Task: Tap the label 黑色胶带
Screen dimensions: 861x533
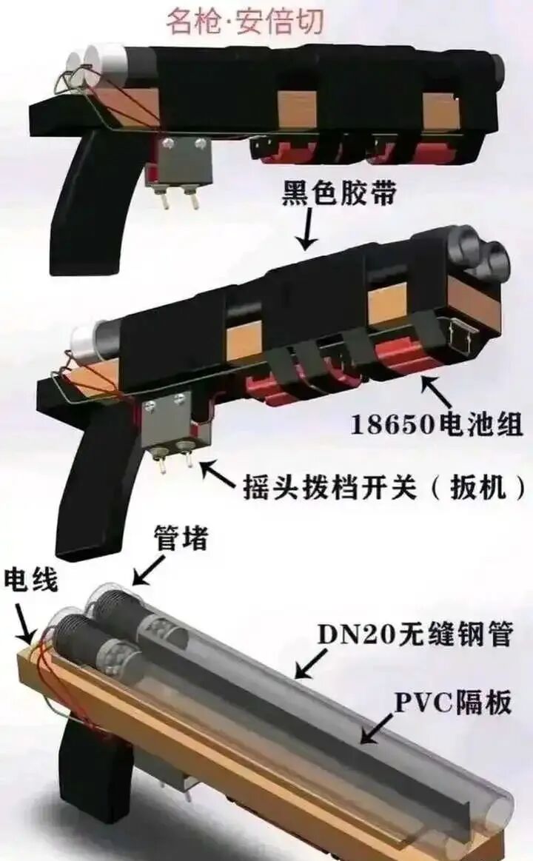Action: [x=340, y=195]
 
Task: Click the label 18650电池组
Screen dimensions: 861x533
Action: [x=437, y=423]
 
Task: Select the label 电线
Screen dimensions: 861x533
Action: [x=30, y=580]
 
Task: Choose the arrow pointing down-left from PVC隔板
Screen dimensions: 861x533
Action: [x=378, y=729]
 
